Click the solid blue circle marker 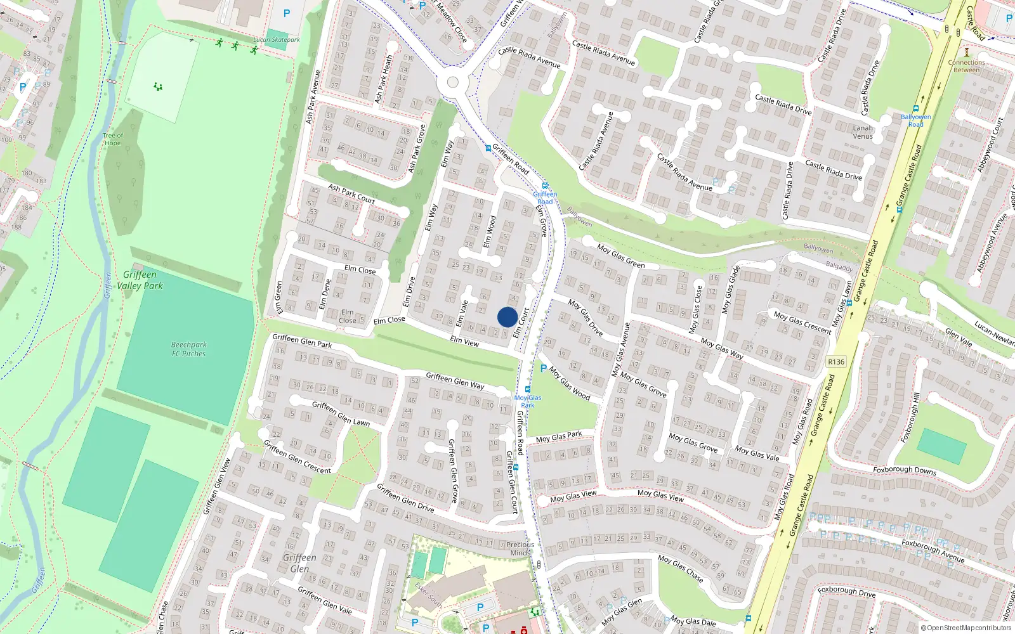click(507, 317)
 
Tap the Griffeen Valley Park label click(140, 280)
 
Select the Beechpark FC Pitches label click(188, 349)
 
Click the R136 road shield click(836, 362)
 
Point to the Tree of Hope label click(113, 139)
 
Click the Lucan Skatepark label click(277, 40)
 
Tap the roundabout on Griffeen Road click(452, 82)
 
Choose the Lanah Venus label click(863, 132)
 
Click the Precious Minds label click(520, 548)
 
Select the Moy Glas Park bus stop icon click(528, 389)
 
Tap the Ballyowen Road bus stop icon click(916, 108)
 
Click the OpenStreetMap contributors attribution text click(966, 628)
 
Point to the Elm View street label click(464, 341)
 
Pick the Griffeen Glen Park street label click(302, 340)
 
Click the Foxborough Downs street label click(905, 470)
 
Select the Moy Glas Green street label click(621, 256)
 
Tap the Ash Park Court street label click(351, 193)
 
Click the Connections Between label click(967, 66)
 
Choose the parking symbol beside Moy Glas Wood click(543, 368)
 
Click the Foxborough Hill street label click(910, 417)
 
